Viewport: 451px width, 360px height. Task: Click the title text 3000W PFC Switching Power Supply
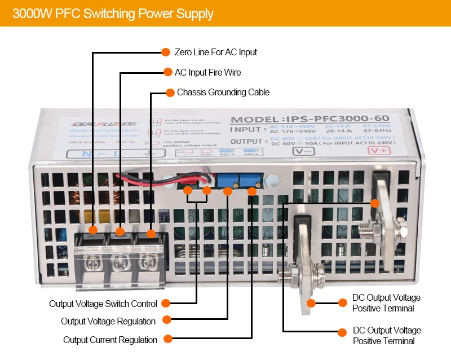pyautogui.click(x=113, y=14)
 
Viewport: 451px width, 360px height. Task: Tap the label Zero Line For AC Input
pyautogui.click(x=215, y=52)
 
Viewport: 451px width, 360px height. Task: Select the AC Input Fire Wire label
pyautogui.click(x=207, y=72)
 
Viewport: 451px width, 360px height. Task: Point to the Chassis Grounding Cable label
pyautogui.click(x=223, y=92)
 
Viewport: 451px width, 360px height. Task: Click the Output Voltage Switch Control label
pyautogui.click(x=103, y=304)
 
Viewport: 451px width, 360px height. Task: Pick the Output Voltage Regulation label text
pyautogui.click(x=108, y=321)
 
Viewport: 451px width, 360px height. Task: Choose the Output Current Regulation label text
pyautogui.click(x=110, y=340)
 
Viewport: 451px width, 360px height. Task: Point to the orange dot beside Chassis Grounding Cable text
pyautogui.click(x=169, y=92)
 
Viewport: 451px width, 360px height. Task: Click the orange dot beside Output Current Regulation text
pyautogui.click(x=167, y=340)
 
